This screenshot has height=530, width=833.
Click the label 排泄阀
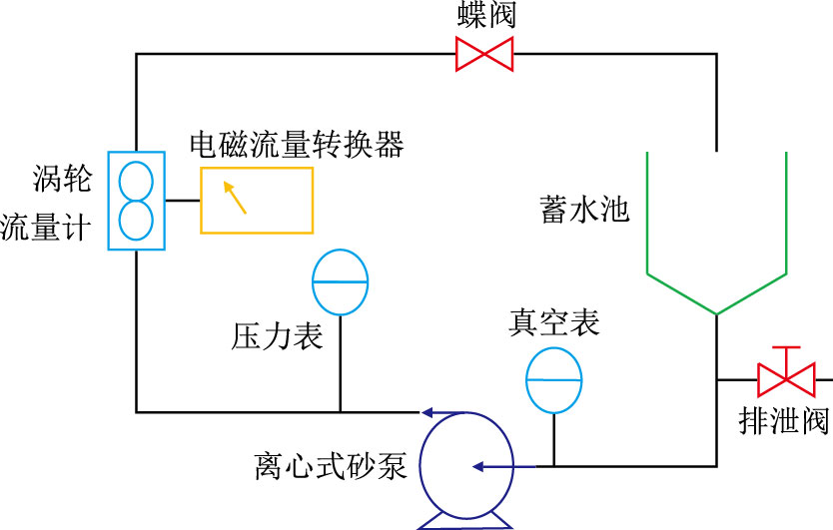(784, 421)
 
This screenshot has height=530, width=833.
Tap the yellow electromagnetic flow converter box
(257, 200)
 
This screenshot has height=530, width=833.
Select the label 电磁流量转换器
(297, 145)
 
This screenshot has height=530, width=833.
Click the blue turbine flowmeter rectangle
(136, 201)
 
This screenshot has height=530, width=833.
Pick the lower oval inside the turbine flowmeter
(136, 221)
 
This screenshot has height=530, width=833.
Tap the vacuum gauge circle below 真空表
(553, 380)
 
